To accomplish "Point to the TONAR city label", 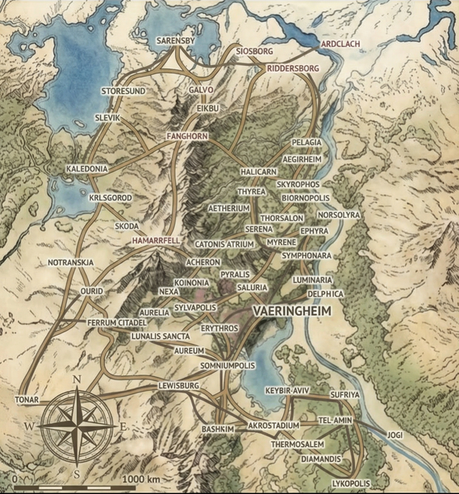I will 26,400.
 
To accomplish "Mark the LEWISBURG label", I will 180,385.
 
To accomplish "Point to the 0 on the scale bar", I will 15,479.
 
